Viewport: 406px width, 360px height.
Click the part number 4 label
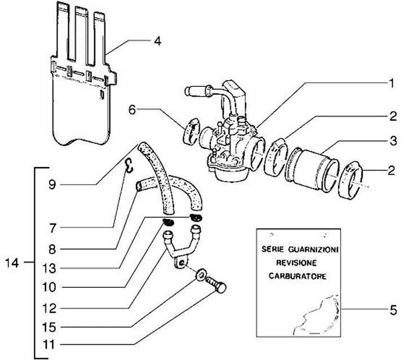158,41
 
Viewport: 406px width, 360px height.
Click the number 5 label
393,310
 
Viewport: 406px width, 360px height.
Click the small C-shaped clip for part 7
129,164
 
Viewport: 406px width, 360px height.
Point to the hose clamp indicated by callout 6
190,130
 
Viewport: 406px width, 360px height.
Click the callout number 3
392,138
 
